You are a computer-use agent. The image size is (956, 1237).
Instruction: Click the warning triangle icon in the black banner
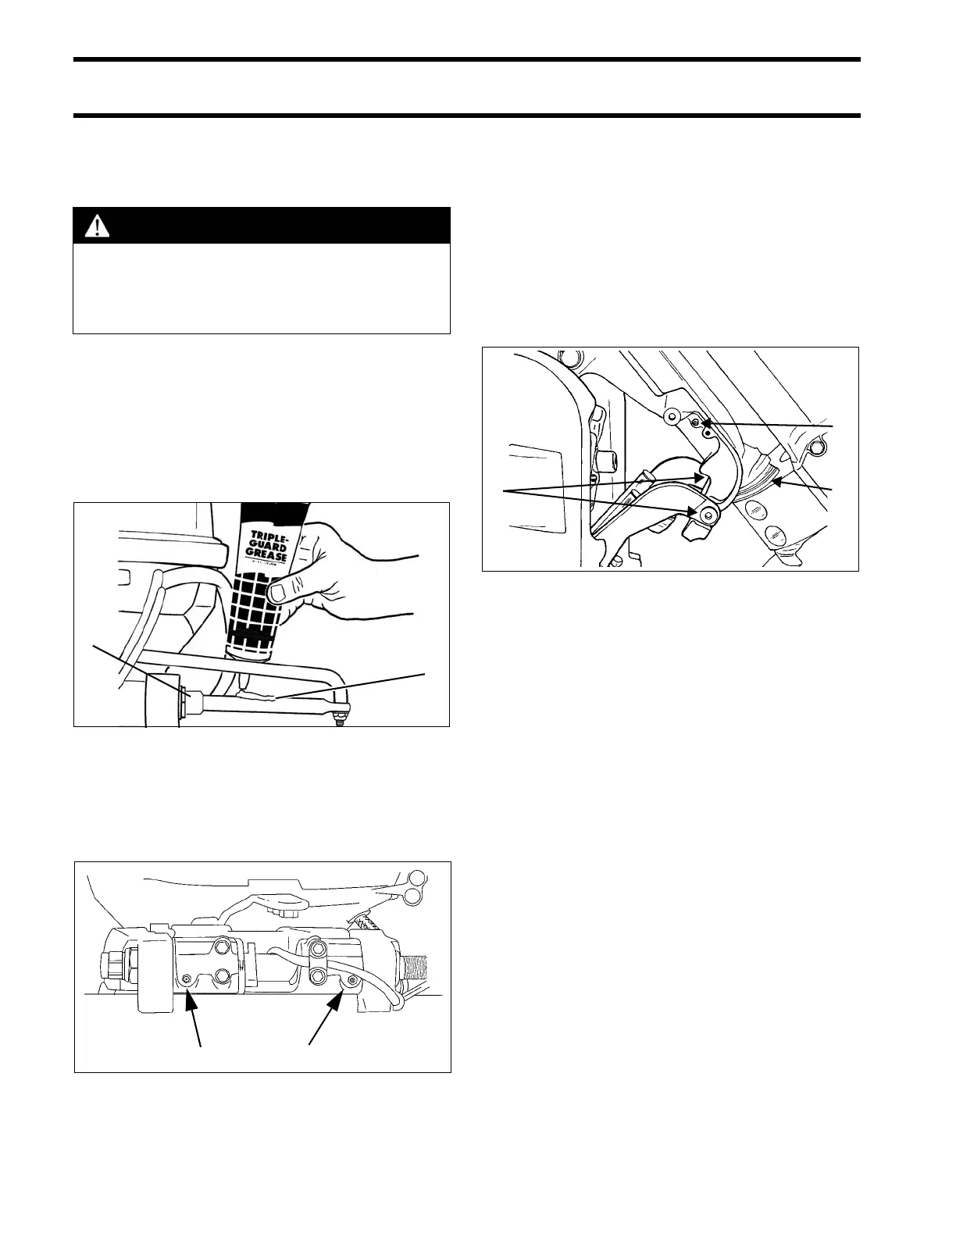coord(98,226)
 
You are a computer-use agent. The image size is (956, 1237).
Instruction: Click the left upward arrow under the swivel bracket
coord(190,1007)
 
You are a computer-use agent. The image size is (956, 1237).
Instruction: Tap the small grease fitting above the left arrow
coord(187,979)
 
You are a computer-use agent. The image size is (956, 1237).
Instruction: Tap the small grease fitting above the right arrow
coord(353,979)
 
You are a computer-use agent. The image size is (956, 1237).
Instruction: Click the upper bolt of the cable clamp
coord(319,949)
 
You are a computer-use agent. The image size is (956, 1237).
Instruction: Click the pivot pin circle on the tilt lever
coord(708,515)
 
